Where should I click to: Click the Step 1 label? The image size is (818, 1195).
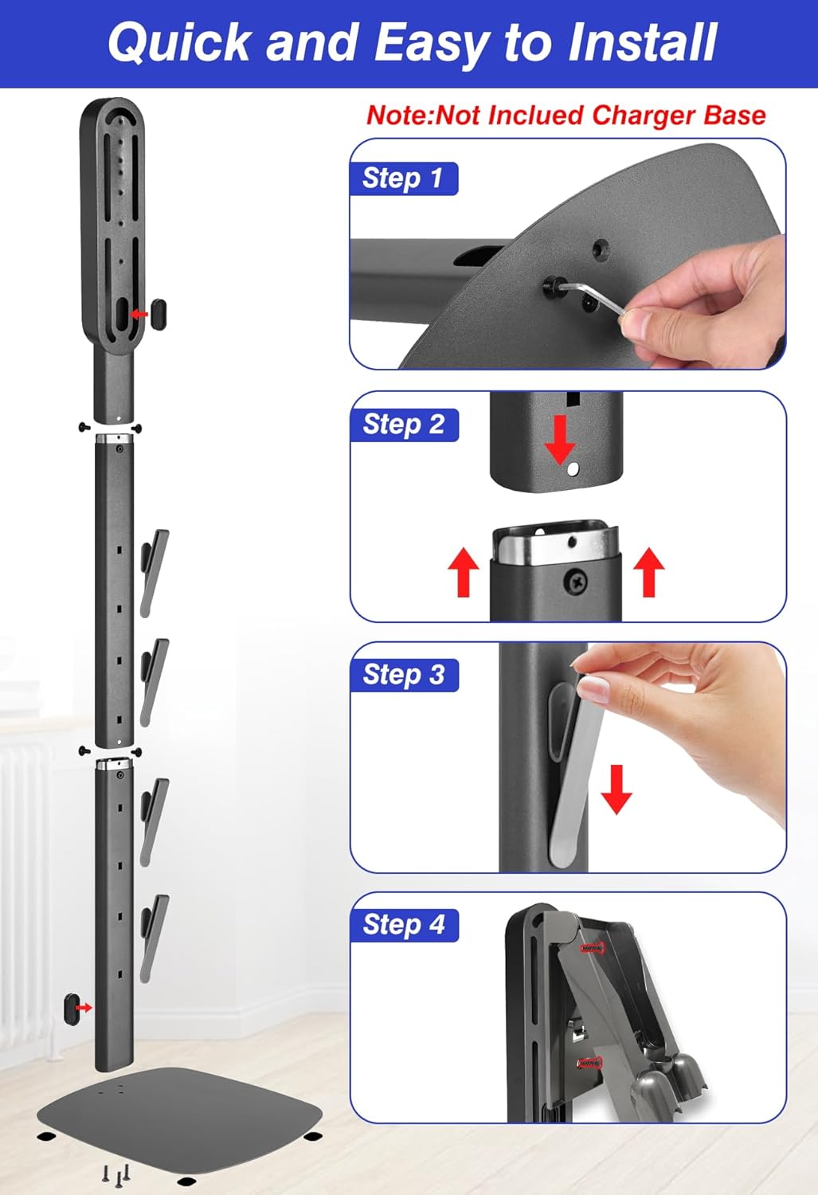coord(404,178)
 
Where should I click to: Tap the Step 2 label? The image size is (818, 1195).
coord(404,425)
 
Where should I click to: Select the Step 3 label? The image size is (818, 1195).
coord(404,675)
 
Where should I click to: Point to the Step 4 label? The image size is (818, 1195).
coord(404,924)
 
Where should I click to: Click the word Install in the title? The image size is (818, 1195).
coord(642,43)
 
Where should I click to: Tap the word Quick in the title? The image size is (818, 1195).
coord(178,44)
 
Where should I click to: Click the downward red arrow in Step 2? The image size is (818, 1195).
coord(561,441)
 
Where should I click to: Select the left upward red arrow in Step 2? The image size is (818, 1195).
coord(464,572)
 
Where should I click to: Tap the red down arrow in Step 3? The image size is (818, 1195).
coord(616,789)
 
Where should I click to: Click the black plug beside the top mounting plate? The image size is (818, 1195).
coord(159,314)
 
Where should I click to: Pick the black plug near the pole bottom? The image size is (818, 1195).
coord(71,1008)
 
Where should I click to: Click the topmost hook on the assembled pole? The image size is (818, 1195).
coord(154,573)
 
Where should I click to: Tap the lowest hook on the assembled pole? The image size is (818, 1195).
coord(154,938)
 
